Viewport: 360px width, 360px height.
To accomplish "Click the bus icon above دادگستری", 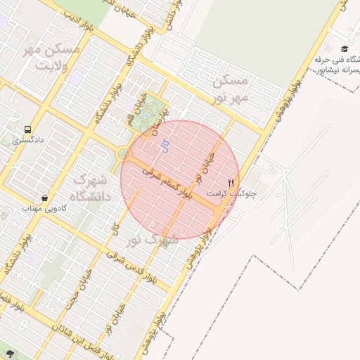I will coord(27,130).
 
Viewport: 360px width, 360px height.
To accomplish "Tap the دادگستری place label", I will coord(27,141).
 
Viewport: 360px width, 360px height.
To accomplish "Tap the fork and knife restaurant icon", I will coord(231,182).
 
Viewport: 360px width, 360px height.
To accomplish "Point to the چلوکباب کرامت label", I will coord(232,193).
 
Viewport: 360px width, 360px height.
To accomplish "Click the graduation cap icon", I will coord(345,49).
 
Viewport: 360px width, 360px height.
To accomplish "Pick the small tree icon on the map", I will coord(10,352).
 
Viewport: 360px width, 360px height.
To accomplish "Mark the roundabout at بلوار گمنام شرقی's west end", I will coord(124,153).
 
